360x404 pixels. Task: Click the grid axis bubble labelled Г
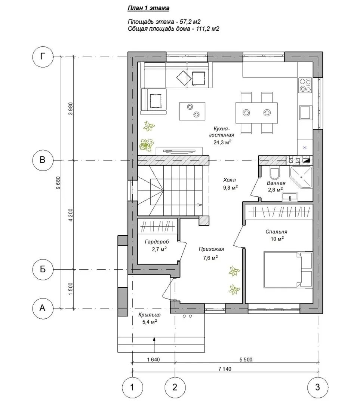[x=43, y=57]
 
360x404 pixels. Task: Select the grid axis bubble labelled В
[x=43, y=160]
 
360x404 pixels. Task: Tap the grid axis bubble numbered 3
[x=318, y=387]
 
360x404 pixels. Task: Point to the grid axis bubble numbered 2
[x=175, y=387]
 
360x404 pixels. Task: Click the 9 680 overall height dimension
[x=58, y=183]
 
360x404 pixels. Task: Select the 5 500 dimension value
[x=246, y=359]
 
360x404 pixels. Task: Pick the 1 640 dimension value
[x=154, y=359]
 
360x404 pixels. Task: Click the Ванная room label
[x=276, y=183]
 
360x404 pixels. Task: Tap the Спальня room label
[x=276, y=232]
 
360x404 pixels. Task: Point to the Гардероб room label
[x=157, y=242]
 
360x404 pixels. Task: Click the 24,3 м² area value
[x=222, y=142]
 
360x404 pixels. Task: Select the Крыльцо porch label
[x=150, y=315]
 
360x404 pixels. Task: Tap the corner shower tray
[x=301, y=177]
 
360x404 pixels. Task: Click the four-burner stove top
[x=305, y=85]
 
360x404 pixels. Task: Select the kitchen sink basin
[x=305, y=112]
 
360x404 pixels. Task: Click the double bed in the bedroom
[x=288, y=269]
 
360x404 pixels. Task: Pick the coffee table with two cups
[x=193, y=111]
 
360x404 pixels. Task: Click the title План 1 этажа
[x=148, y=8]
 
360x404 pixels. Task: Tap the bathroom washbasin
[x=290, y=197]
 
